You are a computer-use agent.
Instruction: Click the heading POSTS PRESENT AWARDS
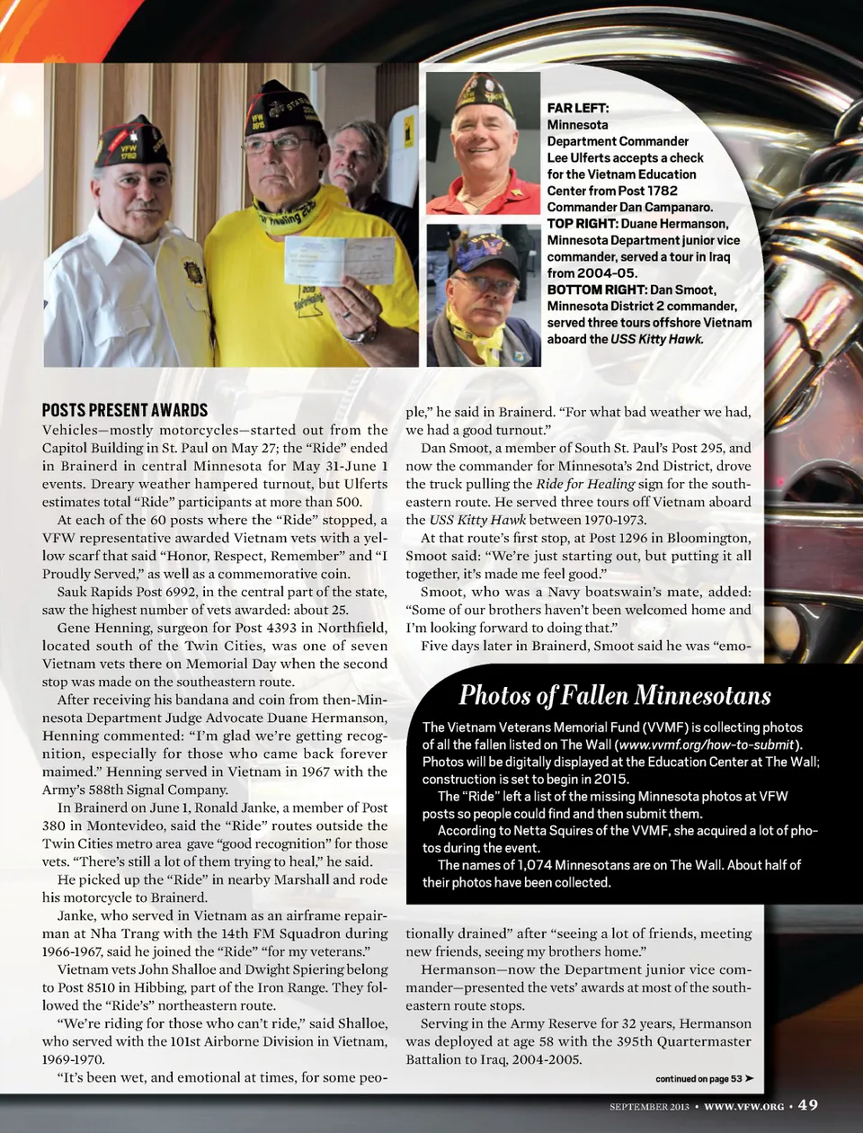125,410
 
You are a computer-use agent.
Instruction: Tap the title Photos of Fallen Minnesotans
615,695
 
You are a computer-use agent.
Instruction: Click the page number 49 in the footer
807,1105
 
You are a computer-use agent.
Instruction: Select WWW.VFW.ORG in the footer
743,1106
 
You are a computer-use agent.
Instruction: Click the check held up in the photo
340,261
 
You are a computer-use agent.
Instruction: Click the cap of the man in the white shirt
132,141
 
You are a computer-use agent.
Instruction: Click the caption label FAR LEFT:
578,108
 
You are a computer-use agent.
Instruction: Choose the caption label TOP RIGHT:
582,223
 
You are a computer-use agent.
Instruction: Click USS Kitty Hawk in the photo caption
656,339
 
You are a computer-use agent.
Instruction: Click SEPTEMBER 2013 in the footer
649,1106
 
